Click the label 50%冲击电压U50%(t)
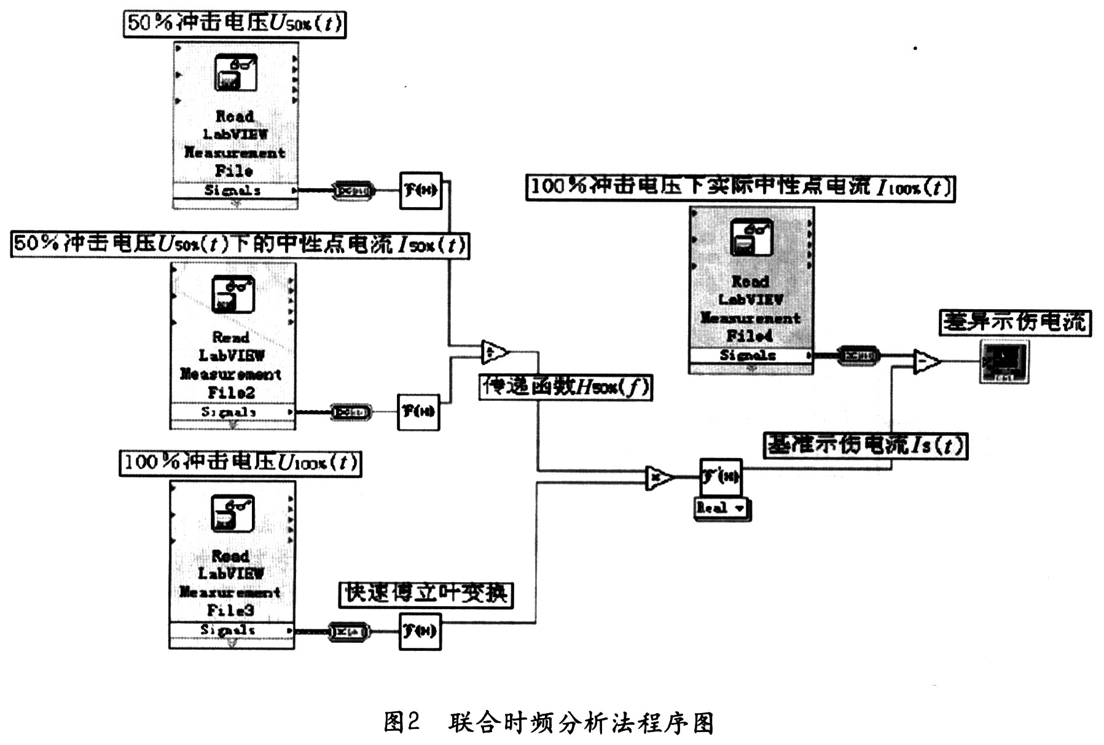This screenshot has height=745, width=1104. pyautogui.click(x=234, y=24)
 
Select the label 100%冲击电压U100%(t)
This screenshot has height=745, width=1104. pyautogui.click(x=240, y=463)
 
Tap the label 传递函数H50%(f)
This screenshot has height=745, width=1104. pyautogui.click(x=565, y=387)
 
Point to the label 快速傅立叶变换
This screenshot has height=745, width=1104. pyautogui.click(x=426, y=594)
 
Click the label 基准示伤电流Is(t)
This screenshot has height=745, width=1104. pyautogui.click(x=865, y=445)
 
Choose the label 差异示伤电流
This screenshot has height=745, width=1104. pyautogui.click(x=1014, y=322)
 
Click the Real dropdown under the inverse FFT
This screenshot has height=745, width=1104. pyautogui.click(x=722, y=508)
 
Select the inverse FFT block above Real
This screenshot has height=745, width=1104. pyautogui.click(x=721, y=476)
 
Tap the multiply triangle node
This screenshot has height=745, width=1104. pyautogui.click(x=658, y=477)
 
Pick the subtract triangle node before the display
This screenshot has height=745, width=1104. pyautogui.click(x=925, y=361)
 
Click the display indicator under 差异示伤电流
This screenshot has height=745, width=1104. pyautogui.click(x=1003, y=362)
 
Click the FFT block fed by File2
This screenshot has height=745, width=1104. pyautogui.click(x=418, y=412)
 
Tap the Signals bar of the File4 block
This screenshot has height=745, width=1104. pyautogui.click(x=750, y=355)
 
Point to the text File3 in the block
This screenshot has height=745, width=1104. pyautogui.click(x=230, y=610)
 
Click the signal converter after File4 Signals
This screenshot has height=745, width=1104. pyautogui.click(x=858, y=355)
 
